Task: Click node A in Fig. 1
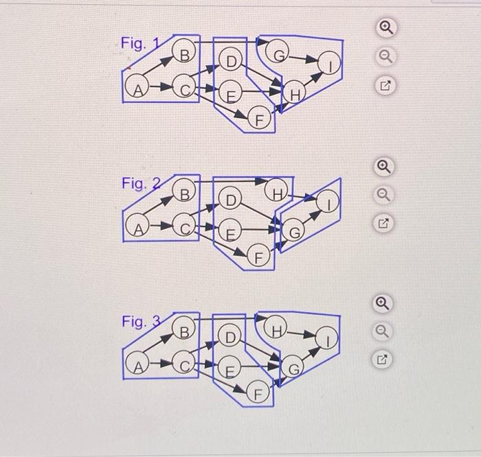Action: pyautogui.click(x=137, y=86)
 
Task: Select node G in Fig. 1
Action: pyautogui.click(x=277, y=51)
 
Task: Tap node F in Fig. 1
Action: pyautogui.click(x=260, y=117)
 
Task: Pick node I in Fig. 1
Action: pyautogui.click(x=329, y=63)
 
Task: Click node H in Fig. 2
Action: pyautogui.click(x=276, y=189)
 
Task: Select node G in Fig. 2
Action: pyautogui.click(x=293, y=229)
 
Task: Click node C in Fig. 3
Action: pyautogui.click(x=183, y=362)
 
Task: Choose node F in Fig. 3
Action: pyautogui.click(x=258, y=391)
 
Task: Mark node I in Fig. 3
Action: pyautogui.click(x=326, y=338)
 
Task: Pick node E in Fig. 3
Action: pyautogui.click(x=230, y=367)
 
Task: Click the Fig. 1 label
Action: pyautogui.click(x=140, y=43)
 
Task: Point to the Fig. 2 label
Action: pyautogui.click(x=141, y=183)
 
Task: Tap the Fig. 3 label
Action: pyautogui.click(x=141, y=321)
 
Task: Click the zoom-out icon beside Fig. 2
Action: pyautogui.click(x=383, y=195)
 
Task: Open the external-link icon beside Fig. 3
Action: pyautogui.click(x=382, y=360)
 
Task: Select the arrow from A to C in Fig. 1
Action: pyautogui.click(x=161, y=86)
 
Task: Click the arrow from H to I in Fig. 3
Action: pyautogui.click(x=301, y=334)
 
